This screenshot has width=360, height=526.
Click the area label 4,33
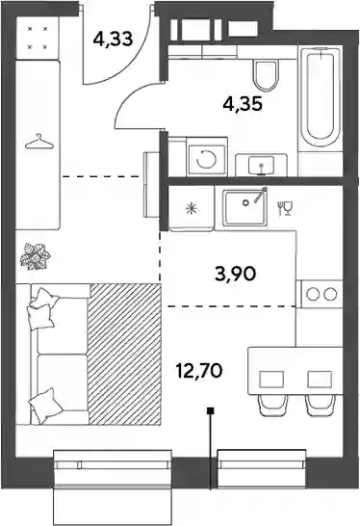pos(113,39)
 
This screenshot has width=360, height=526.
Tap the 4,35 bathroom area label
pos(243,104)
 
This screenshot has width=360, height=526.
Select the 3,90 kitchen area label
pos(236,274)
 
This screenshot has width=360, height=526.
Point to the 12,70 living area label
pos(199,371)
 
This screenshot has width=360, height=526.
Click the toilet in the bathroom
pos(266,75)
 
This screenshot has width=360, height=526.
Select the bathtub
pos(321,97)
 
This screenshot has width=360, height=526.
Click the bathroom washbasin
pos(261,165)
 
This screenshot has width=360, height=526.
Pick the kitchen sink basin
pos(245,206)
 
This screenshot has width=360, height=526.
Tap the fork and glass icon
pos(285,208)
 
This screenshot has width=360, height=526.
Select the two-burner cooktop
pos(321,294)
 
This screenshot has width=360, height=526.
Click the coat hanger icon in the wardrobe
pos(39,143)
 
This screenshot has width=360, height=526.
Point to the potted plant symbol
pos(36,256)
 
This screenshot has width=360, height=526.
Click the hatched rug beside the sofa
pos(124,354)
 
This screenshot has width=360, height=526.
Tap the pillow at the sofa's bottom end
pos(46,406)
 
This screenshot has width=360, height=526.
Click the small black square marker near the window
pos(211,410)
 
